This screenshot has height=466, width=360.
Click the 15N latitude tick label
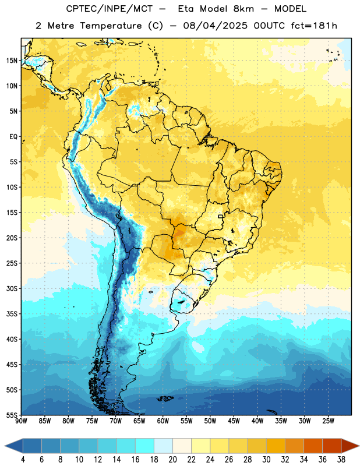pos(12,61)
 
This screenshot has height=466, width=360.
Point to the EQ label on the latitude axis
pos(13,137)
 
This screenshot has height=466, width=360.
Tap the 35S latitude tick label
pos(12,314)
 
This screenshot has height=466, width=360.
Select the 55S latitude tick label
pos(12,415)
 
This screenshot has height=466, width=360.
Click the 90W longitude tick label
pos(21,421)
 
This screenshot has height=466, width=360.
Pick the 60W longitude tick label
pos(163,421)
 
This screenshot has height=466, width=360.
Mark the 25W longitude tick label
pos(328,421)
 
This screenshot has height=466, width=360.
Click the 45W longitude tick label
pos(234,421)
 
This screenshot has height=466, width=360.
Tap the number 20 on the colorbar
pos(172,460)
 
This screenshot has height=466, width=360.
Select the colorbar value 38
pos(341,460)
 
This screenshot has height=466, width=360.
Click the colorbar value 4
pos(23,460)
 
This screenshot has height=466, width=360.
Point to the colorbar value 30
pos(266,460)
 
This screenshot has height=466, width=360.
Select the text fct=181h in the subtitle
pos(314,26)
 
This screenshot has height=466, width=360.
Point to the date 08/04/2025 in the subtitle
pos(215,26)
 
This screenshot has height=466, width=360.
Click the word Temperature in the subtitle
pos(111,26)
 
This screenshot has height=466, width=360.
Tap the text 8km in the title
pos(243,9)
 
